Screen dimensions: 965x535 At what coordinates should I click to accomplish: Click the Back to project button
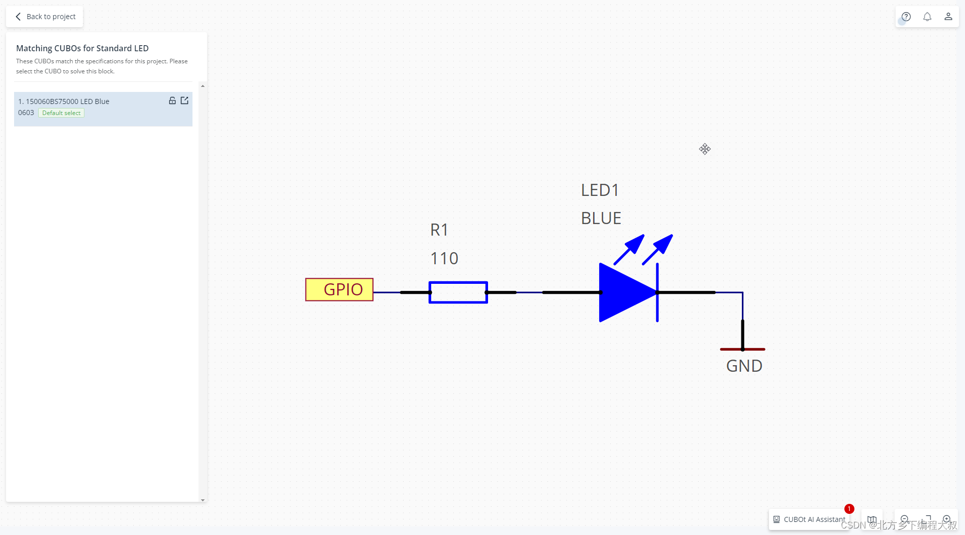(45, 17)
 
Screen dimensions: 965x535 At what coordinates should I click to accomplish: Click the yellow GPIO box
(339, 290)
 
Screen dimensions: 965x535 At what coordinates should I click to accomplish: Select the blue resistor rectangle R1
(458, 292)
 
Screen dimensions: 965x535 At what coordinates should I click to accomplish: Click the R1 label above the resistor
(439, 230)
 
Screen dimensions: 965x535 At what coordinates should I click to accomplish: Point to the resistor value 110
(444, 259)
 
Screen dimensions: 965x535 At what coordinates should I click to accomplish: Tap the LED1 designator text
(600, 190)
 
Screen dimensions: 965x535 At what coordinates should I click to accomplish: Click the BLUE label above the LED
(601, 219)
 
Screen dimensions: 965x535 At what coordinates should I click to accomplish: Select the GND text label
(744, 366)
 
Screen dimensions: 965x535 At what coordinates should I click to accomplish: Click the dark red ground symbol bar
(742, 349)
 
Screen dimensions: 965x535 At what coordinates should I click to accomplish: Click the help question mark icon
(906, 17)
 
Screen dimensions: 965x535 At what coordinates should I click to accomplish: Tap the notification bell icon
(927, 17)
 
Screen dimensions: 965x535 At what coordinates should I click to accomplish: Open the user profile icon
(948, 17)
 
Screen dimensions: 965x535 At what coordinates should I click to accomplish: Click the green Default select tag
(61, 113)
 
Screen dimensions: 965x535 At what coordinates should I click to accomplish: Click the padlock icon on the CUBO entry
(172, 100)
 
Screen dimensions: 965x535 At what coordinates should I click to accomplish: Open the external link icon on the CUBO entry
(184, 100)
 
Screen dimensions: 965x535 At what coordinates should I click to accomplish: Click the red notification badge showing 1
(849, 509)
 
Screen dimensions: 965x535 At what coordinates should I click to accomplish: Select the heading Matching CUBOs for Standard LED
(82, 48)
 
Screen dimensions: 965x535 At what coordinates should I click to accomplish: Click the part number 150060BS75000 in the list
(52, 101)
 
